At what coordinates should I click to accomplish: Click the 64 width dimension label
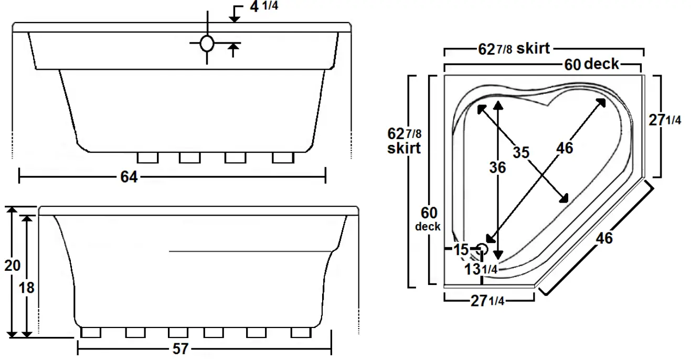129,177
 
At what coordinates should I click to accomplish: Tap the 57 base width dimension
180,350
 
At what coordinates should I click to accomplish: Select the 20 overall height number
12,266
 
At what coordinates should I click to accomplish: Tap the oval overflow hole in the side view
207,44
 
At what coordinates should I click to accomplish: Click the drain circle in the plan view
482,249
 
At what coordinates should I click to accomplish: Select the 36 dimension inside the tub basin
497,167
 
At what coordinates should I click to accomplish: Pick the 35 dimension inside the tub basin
521,153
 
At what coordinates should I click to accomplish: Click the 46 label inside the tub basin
565,148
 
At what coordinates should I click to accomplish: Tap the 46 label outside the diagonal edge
604,238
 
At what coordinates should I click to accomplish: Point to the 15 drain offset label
461,250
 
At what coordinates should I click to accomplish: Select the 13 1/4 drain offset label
481,269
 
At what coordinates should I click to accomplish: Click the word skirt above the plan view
533,49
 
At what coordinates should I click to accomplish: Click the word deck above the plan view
601,65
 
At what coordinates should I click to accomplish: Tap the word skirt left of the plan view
404,148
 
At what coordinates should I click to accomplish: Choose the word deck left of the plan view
428,227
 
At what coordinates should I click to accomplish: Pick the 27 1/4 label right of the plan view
665,120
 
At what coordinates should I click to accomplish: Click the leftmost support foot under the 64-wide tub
147,157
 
